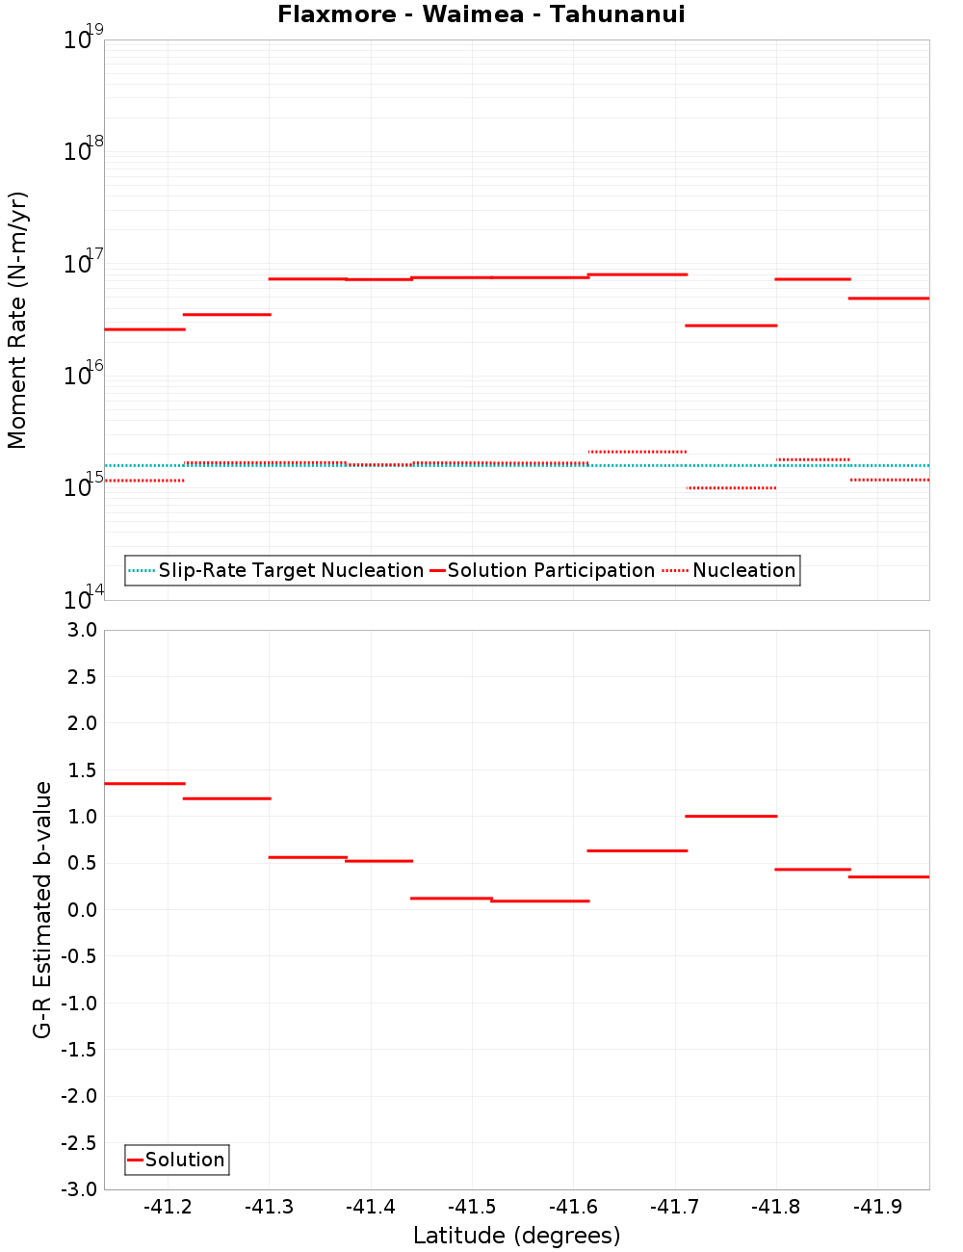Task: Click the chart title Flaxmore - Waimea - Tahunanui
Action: pos(481,14)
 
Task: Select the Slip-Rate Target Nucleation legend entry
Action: pos(290,570)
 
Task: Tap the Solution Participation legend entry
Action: pos(550,570)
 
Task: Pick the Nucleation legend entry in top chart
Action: pos(743,570)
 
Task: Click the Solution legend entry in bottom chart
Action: pos(184,1160)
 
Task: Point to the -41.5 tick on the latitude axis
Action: pos(472,1207)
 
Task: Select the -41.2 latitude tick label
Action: pos(169,1207)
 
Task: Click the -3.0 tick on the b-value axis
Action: pos(80,1189)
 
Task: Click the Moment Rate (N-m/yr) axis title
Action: pos(17,320)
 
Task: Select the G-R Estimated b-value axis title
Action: pos(42,909)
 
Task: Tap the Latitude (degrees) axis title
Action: pos(516,1236)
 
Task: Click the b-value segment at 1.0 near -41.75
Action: pos(731,816)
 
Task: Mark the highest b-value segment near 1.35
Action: pos(144,783)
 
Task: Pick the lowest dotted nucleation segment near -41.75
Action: pos(731,487)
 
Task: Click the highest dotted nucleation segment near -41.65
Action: pos(638,451)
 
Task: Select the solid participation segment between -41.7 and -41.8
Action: pos(731,326)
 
